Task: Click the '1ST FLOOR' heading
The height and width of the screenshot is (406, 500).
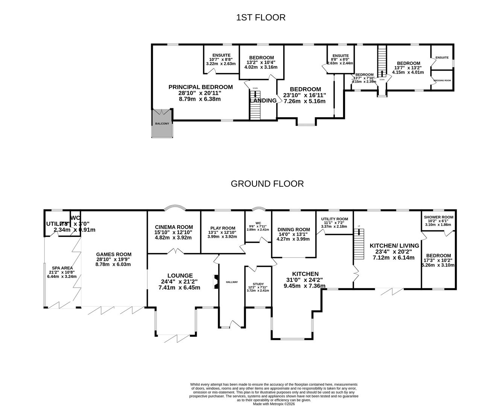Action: (x=260, y=17)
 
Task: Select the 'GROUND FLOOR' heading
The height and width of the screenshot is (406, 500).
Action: (x=267, y=184)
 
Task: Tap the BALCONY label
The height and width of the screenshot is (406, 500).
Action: (x=162, y=123)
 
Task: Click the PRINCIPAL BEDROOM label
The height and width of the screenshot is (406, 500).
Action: (x=200, y=87)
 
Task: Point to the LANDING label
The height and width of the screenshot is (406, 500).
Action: (x=264, y=100)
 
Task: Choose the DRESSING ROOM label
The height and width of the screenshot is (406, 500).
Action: (x=442, y=80)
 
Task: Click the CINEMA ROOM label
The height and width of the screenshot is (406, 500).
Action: (x=174, y=227)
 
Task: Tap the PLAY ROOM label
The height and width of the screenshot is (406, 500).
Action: (x=223, y=228)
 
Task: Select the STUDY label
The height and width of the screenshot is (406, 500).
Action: (x=258, y=284)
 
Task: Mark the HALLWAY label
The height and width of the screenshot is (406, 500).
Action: (x=232, y=282)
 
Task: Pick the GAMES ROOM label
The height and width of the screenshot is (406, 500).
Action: (x=113, y=255)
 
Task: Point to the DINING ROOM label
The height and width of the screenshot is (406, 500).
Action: (x=293, y=230)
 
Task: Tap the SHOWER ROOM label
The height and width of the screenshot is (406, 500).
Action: (x=438, y=217)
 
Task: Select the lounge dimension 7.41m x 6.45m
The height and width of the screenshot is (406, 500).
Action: (x=179, y=288)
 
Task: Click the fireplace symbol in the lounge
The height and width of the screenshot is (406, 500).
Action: (x=216, y=282)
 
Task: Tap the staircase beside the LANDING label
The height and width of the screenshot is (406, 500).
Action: (x=255, y=106)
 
